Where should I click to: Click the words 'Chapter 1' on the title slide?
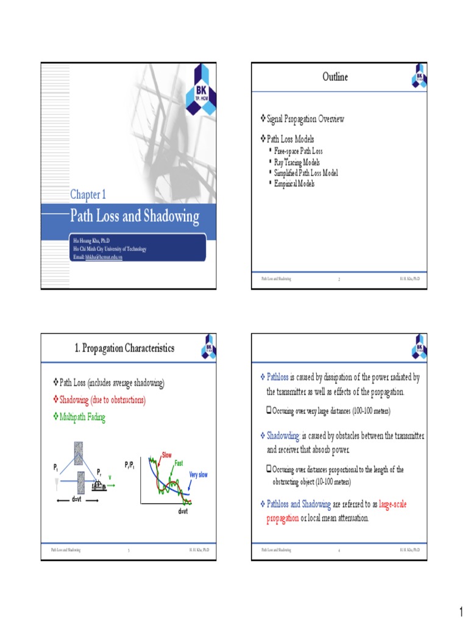point(88,195)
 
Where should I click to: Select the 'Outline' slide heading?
point(335,77)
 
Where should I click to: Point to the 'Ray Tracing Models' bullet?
point(297,163)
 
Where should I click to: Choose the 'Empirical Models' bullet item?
point(294,183)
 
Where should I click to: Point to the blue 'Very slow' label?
point(199,475)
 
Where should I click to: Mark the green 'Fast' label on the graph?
point(179,464)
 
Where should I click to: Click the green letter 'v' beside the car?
point(110,478)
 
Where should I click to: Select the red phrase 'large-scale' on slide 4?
point(399,504)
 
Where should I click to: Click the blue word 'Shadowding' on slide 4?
point(283,436)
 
